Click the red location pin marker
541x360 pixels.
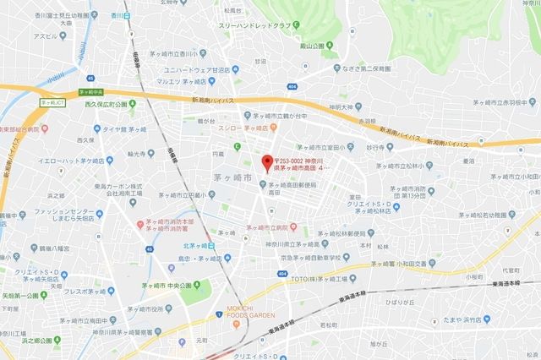(x=268, y=161)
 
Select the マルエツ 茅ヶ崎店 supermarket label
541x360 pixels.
(x=191, y=82)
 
